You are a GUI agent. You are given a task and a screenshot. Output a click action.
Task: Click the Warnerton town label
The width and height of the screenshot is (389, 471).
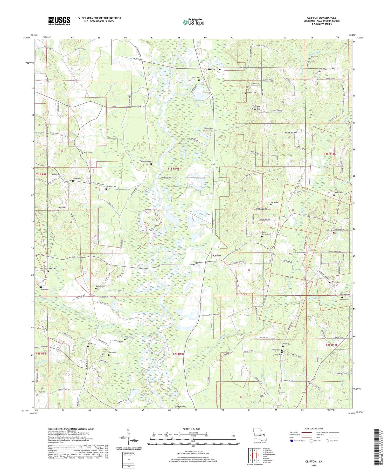[214, 69]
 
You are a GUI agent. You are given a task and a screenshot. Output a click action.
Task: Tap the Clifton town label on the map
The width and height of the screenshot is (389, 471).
[217, 255]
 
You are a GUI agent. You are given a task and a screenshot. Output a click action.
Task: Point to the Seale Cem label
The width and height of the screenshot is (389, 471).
[52, 268]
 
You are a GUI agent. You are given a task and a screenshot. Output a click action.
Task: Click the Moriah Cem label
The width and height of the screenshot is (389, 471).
[275, 202]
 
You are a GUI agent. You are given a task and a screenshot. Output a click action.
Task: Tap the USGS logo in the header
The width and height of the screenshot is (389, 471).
[59, 21]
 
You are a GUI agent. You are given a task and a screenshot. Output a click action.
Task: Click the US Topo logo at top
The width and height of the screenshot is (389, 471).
[193, 22]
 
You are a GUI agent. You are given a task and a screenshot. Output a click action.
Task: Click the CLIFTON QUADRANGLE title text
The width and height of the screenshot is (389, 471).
[322, 18]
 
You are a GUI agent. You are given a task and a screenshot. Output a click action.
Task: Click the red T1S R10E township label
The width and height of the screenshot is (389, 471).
[173, 169]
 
